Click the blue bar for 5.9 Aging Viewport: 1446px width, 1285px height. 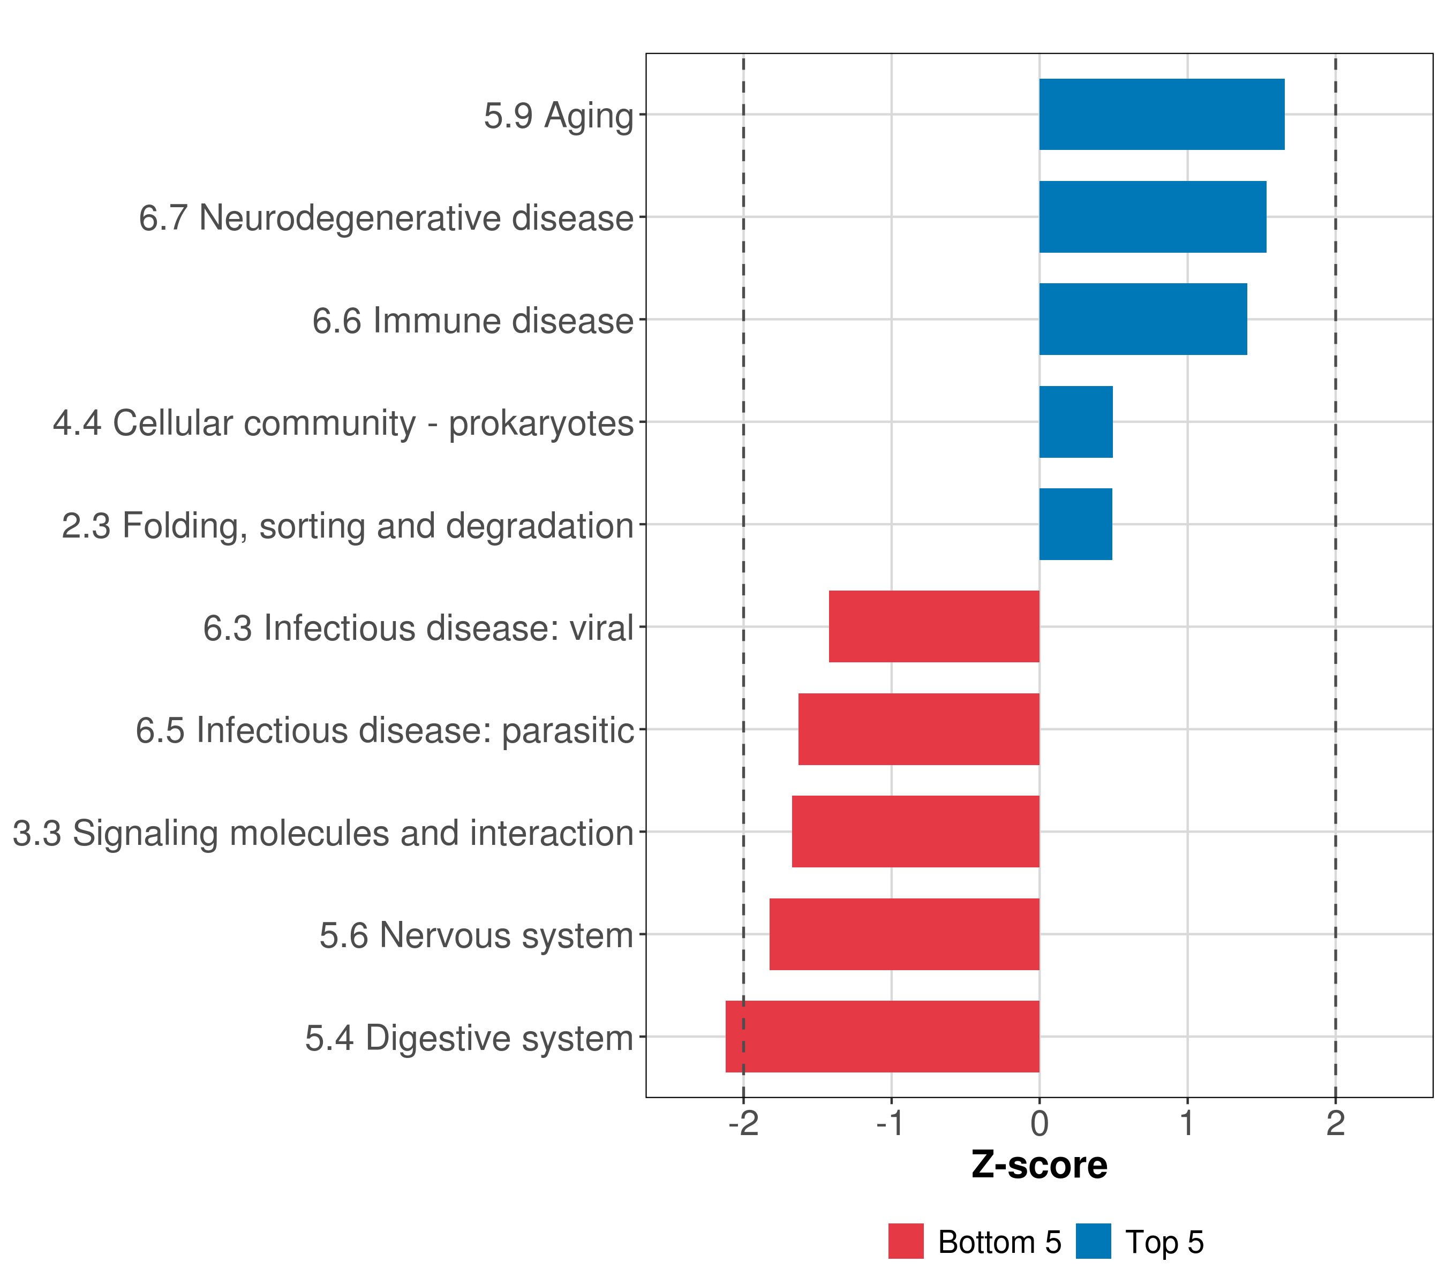pos(1161,115)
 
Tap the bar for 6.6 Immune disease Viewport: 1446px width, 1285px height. pos(1142,320)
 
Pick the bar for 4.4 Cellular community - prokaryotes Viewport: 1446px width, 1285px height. pos(1075,422)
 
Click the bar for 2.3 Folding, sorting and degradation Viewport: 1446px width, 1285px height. pos(1075,524)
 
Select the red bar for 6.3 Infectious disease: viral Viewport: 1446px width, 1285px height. pos(934,626)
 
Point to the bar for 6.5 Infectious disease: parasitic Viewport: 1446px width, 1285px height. pos(918,729)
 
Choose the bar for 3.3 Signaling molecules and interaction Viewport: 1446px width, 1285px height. pos(915,832)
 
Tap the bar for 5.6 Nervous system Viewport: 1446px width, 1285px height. pos(904,934)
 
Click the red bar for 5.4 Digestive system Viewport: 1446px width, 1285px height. pos(882,1037)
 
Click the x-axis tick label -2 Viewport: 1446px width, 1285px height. pos(743,1124)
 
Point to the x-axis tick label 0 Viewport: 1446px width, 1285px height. pos(1039,1124)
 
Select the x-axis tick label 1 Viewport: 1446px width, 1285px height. pos(1187,1124)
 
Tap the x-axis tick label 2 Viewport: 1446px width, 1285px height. pos(1335,1124)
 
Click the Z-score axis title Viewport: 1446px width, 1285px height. pos(1039,1166)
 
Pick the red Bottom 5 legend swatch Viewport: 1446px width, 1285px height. pos(906,1242)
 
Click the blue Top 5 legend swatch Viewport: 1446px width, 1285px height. pos(1093,1242)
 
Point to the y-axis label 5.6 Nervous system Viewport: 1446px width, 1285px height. pos(476,935)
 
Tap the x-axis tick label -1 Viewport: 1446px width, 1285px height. pos(890,1124)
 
